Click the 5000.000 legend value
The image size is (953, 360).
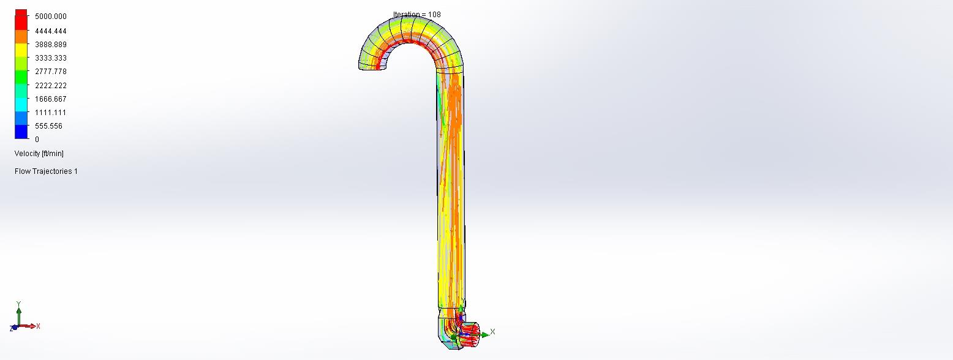(x=51, y=17)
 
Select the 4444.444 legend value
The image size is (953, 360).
(x=51, y=31)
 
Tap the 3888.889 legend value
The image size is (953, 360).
(x=51, y=45)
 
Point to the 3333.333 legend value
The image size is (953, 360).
(x=51, y=58)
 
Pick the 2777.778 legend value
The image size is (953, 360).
(x=51, y=72)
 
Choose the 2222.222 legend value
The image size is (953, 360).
(x=51, y=86)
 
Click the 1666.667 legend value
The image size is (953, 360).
(x=51, y=99)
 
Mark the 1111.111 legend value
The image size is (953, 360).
(x=51, y=113)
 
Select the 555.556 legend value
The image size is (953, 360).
(x=48, y=126)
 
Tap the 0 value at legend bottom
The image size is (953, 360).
(x=37, y=140)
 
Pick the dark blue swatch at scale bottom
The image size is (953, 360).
(x=21, y=132)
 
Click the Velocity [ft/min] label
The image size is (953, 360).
(x=39, y=154)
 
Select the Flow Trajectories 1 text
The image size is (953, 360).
(x=46, y=171)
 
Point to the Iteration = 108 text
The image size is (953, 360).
(x=416, y=15)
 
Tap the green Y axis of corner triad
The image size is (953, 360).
(x=19, y=313)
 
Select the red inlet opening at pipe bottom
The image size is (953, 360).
(x=470, y=336)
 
